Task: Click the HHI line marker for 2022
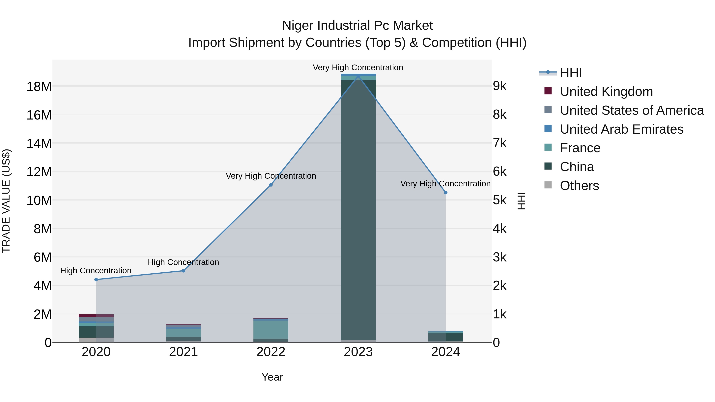click(x=271, y=185)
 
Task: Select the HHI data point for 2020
click(x=96, y=279)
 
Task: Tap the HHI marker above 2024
click(x=445, y=193)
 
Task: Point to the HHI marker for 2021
click(x=184, y=271)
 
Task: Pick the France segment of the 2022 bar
click(x=271, y=329)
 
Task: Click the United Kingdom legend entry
click(x=606, y=92)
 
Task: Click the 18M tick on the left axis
click(x=39, y=87)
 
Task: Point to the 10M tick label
click(x=39, y=200)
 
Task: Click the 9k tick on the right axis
click(x=500, y=86)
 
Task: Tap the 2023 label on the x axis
click(x=358, y=352)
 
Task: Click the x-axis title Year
click(x=272, y=377)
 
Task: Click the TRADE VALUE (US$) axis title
click(x=6, y=201)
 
